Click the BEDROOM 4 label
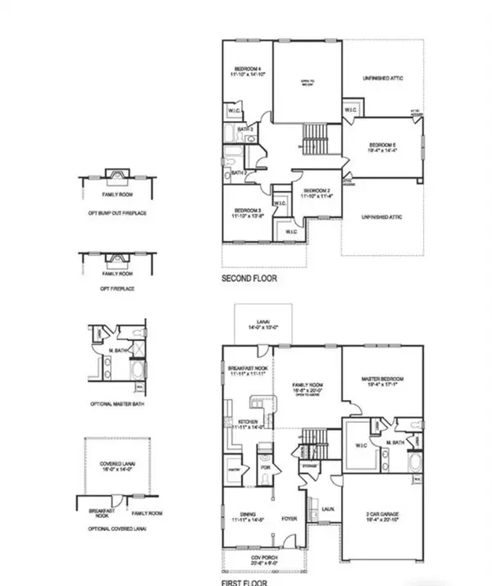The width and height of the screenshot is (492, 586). pos(247,68)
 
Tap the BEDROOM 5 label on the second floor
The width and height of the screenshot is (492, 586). pos(383,144)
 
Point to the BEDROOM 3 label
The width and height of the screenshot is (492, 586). pos(247,211)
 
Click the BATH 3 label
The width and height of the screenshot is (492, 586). pos(244,129)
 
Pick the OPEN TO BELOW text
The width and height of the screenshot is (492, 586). pos(307,82)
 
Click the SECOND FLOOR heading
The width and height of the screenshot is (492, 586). pos(249,279)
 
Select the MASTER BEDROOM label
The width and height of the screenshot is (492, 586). pos(384,379)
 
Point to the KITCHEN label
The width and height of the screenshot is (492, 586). pos(247,422)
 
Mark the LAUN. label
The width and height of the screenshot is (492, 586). pos(326,508)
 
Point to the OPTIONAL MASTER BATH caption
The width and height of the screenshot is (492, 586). pos(116,405)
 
